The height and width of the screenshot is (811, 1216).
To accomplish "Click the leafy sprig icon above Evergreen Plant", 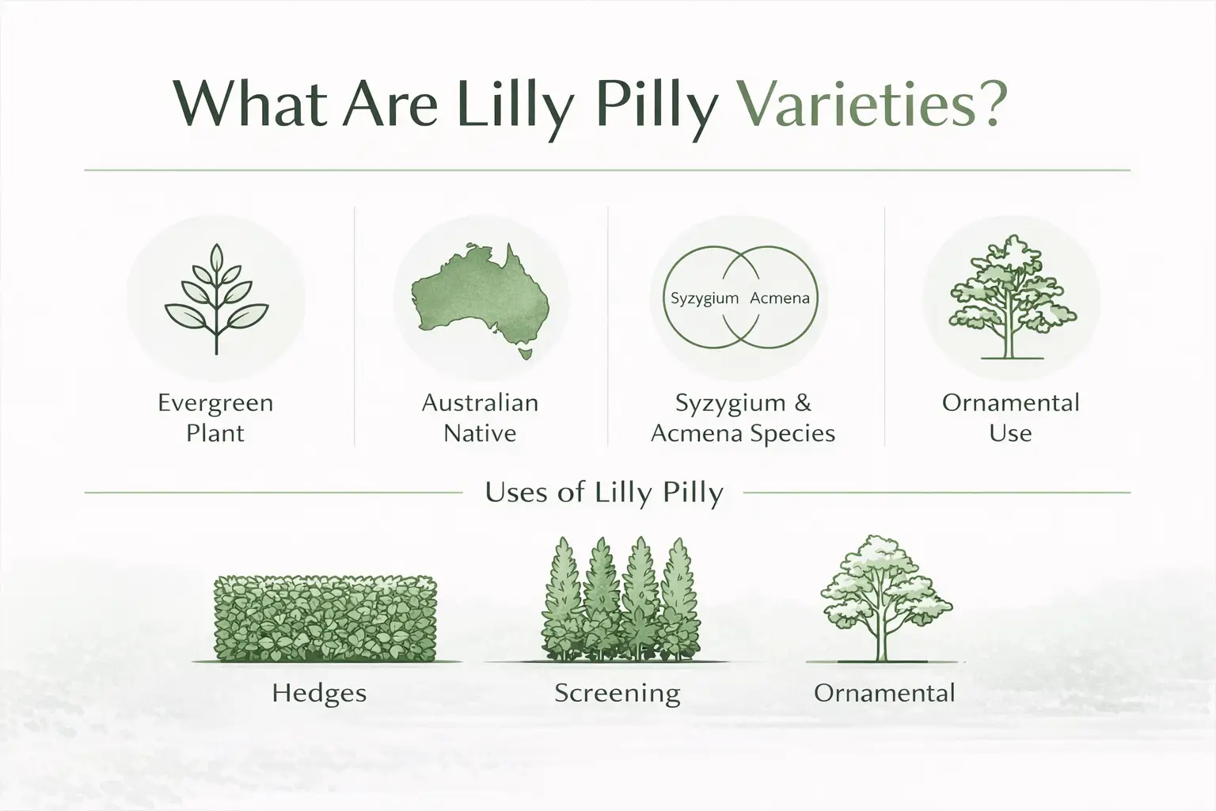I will pos(215,299).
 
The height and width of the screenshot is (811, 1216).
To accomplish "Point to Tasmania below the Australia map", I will pos(524,350).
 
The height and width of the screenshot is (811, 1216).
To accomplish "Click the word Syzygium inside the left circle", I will pos(704,299).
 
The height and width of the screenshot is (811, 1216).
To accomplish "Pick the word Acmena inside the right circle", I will pos(779,299).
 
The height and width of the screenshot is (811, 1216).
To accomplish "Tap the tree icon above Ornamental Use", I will pos(1011,297).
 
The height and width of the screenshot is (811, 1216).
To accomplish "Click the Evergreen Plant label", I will pos(215,417).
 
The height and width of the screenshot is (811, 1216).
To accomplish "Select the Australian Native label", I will pos(480,417).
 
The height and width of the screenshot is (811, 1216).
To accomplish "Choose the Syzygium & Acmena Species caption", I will pos(743,417).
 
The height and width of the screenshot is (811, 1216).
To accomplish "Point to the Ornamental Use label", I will pos(1010,417).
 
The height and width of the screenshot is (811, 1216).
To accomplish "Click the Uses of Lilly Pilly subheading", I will pos(604,493).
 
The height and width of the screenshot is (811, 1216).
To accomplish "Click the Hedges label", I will pos(319,693).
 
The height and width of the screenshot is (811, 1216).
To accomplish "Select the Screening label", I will pos(617,693).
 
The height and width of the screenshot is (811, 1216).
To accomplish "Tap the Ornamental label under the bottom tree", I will pos(884,693).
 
